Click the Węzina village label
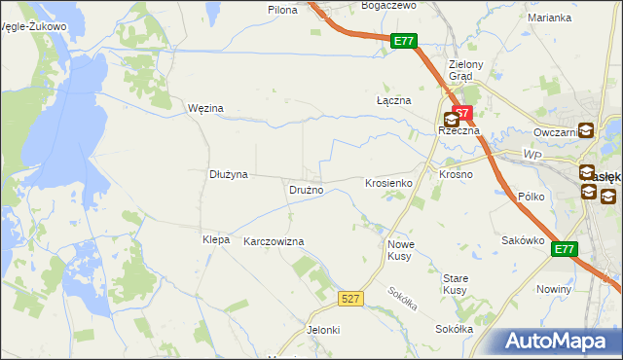coord(205,108)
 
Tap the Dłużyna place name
coord(229,174)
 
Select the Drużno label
coord(306,190)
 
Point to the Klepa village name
coord(215,239)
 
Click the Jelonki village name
coord(323,330)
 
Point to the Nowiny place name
coord(553,290)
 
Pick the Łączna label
coord(394,100)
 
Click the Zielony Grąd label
coord(459,71)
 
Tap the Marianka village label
coord(549,18)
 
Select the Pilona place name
coord(282,9)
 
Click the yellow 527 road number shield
coord(352,299)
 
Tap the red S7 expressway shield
coord(462,114)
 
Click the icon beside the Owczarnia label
coord(586,131)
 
